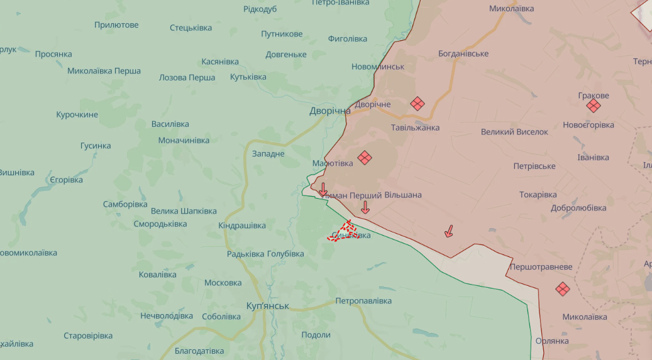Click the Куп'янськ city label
[x=268, y=306]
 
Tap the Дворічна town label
[x=329, y=111]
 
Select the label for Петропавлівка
[x=363, y=301]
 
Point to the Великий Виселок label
[x=514, y=132]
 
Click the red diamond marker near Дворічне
[x=417, y=104]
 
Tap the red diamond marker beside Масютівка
[x=365, y=158]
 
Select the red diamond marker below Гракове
[x=593, y=106]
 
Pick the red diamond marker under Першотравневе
[x=562, y=289]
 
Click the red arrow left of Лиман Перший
[x=323, y=189]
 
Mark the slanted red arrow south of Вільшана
[x=449, y=231]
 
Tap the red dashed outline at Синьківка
[x=345, y=231]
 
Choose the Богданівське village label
[x=463, y=53]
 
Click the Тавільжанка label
[x=415, y=128]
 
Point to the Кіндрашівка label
[x=242, y=226]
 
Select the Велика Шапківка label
[x=184, y=211]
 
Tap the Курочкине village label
[x=77, y=114]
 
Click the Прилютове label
[x=116, y=25]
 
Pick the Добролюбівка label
[x=578, y=208]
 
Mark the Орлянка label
[x=552, y=341]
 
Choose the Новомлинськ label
[x=378, y=67]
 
